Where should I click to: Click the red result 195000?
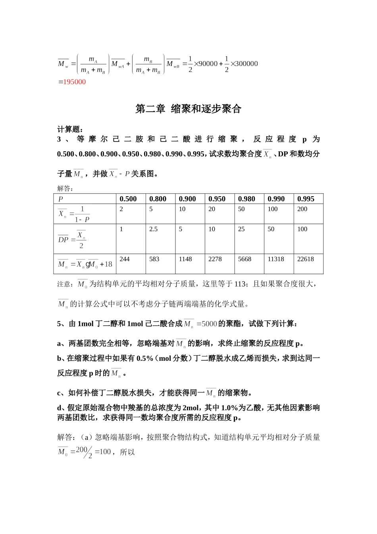click(74, 82)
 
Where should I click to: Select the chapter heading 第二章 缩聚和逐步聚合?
click(188, 109)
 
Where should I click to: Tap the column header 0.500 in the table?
click(128, 199)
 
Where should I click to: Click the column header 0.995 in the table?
click(306, 199)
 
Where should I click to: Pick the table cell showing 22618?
click(306, 259)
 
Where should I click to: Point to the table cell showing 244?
click(125, 259)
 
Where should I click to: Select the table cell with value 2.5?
click(154, 229)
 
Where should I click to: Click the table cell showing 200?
click(302, 209)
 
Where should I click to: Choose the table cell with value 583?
click(154, 259)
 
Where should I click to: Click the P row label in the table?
click(61, 199)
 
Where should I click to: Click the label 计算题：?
click(70, 129)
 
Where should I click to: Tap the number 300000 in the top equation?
click(247, 64)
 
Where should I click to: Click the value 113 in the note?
click(240, 284)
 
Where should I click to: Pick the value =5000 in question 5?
click(207, 324)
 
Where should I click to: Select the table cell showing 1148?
click(185, 259)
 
